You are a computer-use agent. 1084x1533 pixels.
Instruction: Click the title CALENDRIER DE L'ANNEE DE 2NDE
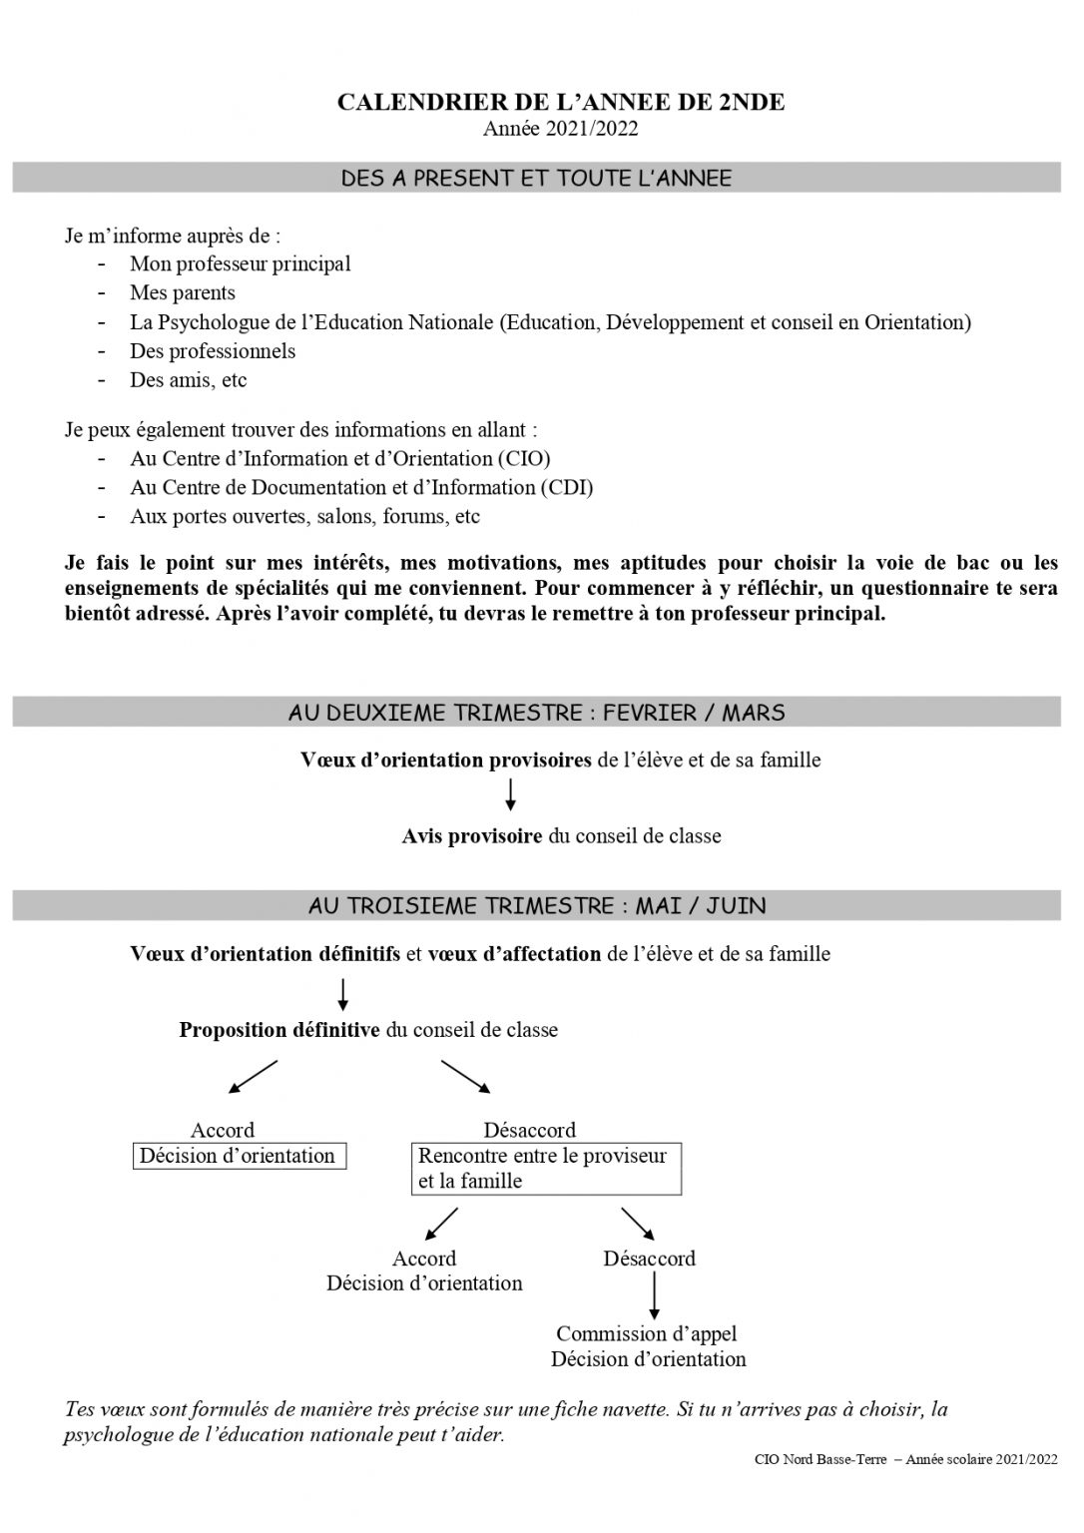(x=561, y=102)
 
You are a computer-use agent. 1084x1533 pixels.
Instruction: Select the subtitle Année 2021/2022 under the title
(x=561, y=128)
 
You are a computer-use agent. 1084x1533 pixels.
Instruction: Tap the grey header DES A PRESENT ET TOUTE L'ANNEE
(x=537, y=179)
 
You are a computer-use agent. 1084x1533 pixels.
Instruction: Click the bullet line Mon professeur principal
(x=240, y=263)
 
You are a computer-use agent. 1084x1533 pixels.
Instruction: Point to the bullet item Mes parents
(x=183, y=292)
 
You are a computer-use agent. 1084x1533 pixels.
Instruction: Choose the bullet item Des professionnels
(x=213, y=350)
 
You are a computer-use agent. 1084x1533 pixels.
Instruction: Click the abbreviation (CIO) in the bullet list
(x=524, y=458)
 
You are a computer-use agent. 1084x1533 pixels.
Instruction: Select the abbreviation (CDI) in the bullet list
(x=566, y=487)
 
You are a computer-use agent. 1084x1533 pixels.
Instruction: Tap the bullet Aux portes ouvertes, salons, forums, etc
(x=304, y=516)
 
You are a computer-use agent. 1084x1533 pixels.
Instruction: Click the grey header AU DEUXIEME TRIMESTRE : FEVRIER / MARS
(x=537, y=713)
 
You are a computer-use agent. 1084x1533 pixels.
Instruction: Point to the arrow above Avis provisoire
(x=511, y=794)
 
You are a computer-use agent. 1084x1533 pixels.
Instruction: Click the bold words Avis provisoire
(x=472, y=835)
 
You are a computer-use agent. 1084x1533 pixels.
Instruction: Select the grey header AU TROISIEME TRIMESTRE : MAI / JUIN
(x=537, y=906)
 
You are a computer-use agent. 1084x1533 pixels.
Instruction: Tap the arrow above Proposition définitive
(x=343, y=992)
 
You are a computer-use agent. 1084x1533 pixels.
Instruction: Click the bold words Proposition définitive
(x=279, y=1030)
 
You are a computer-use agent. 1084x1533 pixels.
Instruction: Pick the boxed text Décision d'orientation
(x=239, y=1156)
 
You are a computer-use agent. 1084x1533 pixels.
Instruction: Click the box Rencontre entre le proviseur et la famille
(x=546, y=1169)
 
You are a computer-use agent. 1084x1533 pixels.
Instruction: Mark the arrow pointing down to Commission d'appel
(x=654, y=1296)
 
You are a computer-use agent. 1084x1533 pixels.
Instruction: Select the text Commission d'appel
(x=647, y=1333)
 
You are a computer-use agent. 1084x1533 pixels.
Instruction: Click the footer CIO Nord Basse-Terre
(x=821, y=1460)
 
